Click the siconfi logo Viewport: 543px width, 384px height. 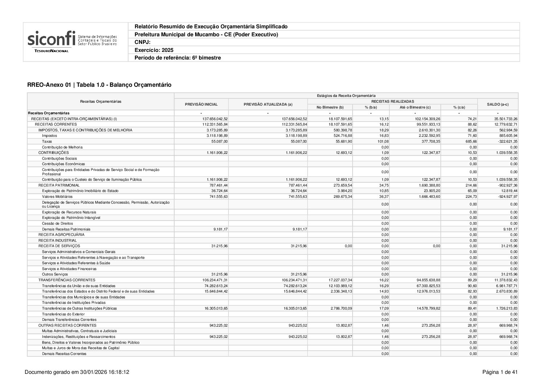[72, 42]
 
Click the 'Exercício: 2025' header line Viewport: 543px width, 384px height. [154, 50]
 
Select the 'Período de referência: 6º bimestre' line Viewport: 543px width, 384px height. [177, 58]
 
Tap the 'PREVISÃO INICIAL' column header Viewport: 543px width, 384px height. [201, 104]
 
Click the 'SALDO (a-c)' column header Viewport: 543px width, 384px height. [498, 104]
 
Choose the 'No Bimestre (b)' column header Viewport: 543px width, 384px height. [330, 107]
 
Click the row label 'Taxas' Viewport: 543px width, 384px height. [47, 141]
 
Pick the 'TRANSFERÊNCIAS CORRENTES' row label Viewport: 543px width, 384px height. [67, 280]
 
